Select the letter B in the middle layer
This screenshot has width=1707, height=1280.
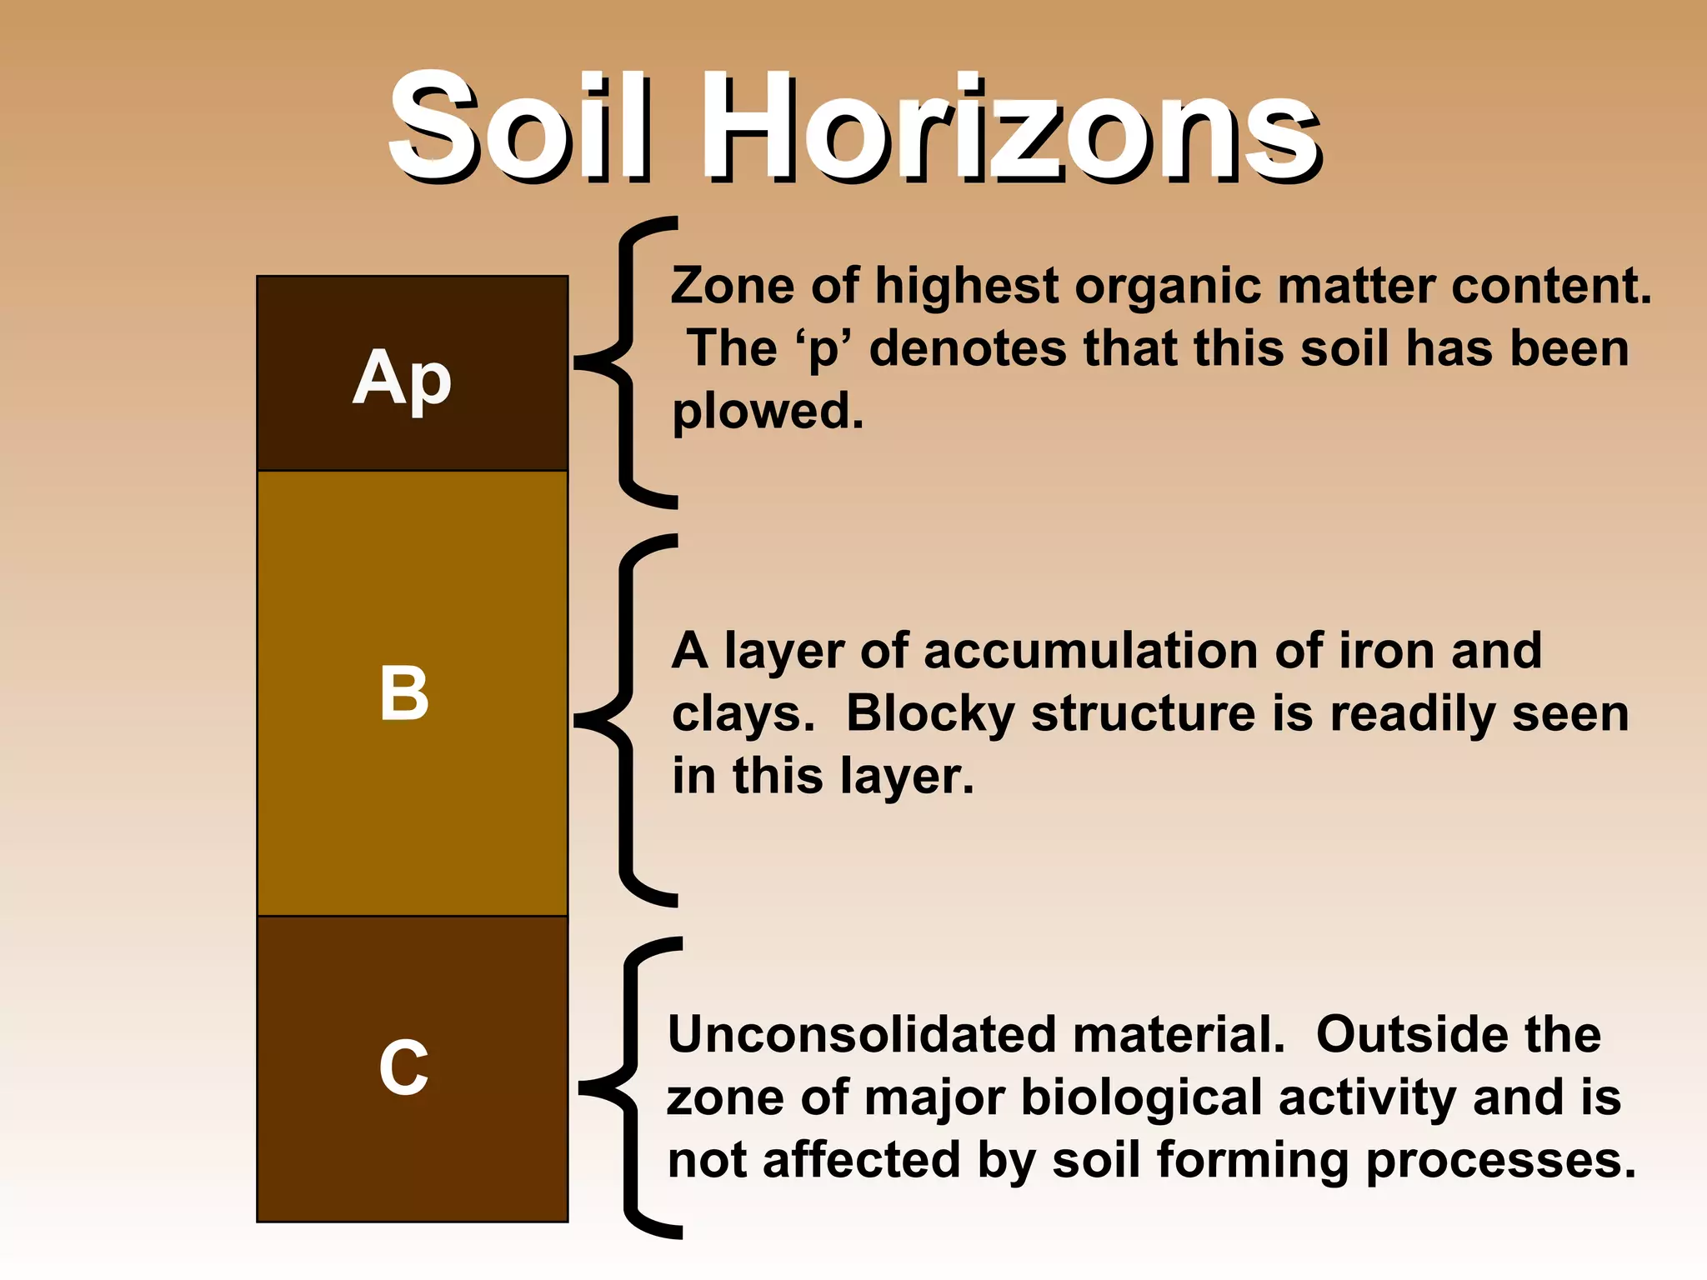coord(404,693)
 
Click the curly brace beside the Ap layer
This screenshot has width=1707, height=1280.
coord(625,362)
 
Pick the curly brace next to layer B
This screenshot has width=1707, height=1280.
coord(625,720)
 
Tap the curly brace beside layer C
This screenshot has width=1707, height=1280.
coord(630,1087)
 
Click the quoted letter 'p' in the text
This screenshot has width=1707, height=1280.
coord(824,348)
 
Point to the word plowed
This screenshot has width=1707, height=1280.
coord(768,411)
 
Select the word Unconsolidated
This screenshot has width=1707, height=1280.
coord(862,1035)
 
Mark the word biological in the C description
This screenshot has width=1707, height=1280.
coord(1141,1097)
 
